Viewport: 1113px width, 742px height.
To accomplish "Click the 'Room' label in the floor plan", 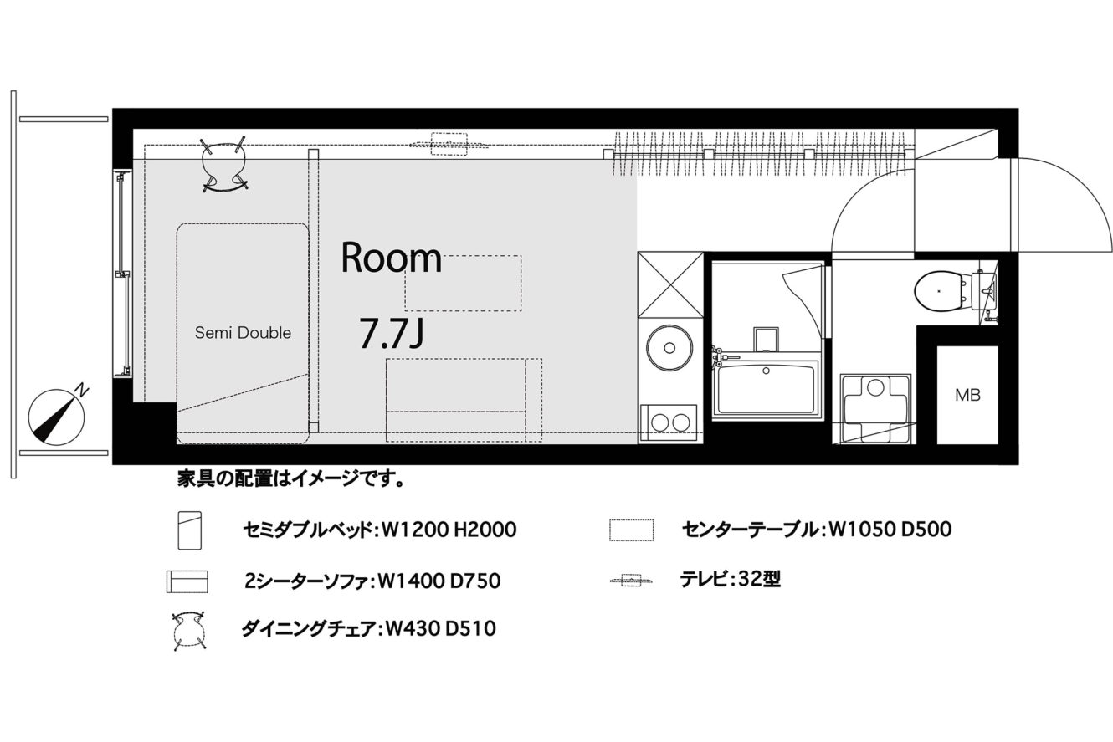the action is click(x=392, y=258).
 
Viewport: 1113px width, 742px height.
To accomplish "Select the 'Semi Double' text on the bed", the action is click(x=243, y=333).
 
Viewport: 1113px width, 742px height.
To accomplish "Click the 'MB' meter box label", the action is click(x=968, y=396).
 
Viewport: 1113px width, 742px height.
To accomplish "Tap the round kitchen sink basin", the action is click(x=669, y=347).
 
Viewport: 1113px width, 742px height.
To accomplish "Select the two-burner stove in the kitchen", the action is click(x=669, y=422).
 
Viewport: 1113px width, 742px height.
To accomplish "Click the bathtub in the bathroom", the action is click(x=766, y=389).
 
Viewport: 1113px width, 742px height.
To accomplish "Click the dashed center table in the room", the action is click(x=463, y=283).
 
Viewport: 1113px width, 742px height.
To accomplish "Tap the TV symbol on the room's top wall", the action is click(x=449, y=144).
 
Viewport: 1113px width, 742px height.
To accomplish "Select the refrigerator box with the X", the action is click(x=670, y=284).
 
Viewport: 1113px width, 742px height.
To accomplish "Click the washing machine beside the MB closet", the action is click(x=875, y=407).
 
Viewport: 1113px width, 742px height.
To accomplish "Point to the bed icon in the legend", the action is click(x=190, y=530).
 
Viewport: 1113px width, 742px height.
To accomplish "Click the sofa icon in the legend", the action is click(x=187, y=581).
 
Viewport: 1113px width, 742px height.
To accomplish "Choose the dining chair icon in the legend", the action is click(x=189, y=631).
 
